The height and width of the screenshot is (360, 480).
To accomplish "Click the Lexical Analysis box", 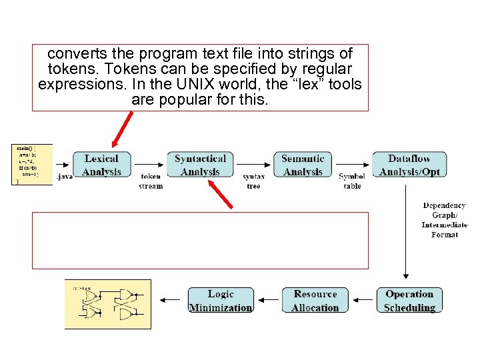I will point(101,165).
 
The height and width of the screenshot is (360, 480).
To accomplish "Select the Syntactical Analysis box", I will point(200,165).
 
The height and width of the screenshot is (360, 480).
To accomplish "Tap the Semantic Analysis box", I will point(303,165).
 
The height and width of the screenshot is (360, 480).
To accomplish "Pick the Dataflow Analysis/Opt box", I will point(409,165).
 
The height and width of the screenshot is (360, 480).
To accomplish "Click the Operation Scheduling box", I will point(409,301).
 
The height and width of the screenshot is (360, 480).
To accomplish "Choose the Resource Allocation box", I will point(315,301).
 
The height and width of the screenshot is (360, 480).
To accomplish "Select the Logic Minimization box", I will point(221,301).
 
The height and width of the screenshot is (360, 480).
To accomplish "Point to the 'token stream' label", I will point(151,181).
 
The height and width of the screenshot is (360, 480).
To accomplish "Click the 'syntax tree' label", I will point(253,181).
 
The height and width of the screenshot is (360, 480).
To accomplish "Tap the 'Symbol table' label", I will point(352,181).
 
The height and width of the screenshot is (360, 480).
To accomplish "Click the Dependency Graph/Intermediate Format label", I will point(445,220).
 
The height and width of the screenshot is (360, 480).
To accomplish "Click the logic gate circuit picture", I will point(107,304).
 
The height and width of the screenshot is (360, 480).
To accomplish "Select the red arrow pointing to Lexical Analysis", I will point(123,129).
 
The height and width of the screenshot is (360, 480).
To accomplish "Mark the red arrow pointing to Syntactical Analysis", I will point(221,194).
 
